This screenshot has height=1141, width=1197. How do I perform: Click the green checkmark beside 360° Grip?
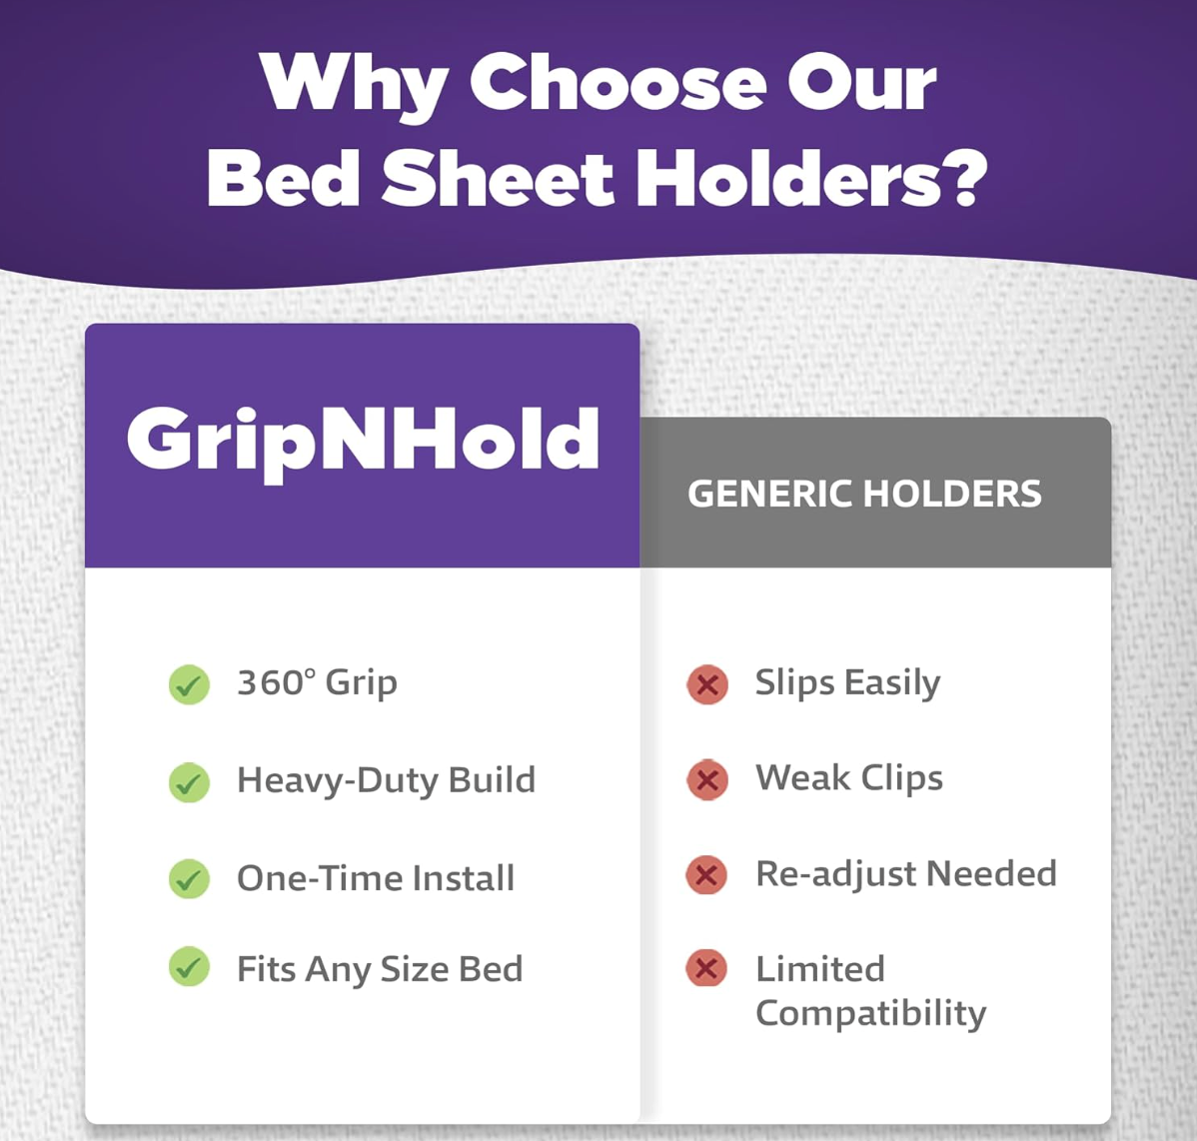pyautogui.click(x=189, y=684)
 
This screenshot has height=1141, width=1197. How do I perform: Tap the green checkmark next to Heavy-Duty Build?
pyautogui.click(x=189, y=782)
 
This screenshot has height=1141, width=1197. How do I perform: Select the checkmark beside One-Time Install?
pyautogui.click(x=189, y=879)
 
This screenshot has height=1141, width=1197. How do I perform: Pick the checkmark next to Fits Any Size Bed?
pyautogui.click(x=189, y=967)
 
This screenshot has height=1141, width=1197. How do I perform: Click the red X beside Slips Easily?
pyautogui.click(x=707, y=684)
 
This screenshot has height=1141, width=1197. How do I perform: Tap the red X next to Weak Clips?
pyautogui.click(x=707, y=779)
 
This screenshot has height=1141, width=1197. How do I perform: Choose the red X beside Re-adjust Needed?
pyautogui.click(x=706, y=875)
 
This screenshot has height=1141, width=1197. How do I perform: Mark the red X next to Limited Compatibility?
pyautogui.click(x=706, y=967)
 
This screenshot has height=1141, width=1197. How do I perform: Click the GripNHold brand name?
pyautogui.click(x=363, y=440)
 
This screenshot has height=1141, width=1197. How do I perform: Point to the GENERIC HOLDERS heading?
pyautogui.click(x=864, y=494)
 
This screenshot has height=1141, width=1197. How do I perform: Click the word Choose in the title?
pyautogui.click(x=618, y=82)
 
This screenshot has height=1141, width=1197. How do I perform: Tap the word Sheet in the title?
pyautogui.click(x=498, y=180)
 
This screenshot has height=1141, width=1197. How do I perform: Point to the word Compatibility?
pyautogui.click(x=870, y=1013)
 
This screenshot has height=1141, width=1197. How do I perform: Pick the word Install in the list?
pyautogui.click(x=463, y=878)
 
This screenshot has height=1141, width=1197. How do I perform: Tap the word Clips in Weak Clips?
pyautogui.click(x=902, y=778)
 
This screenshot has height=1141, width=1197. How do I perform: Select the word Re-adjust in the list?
pyautogui.click(x=835, y=875)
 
